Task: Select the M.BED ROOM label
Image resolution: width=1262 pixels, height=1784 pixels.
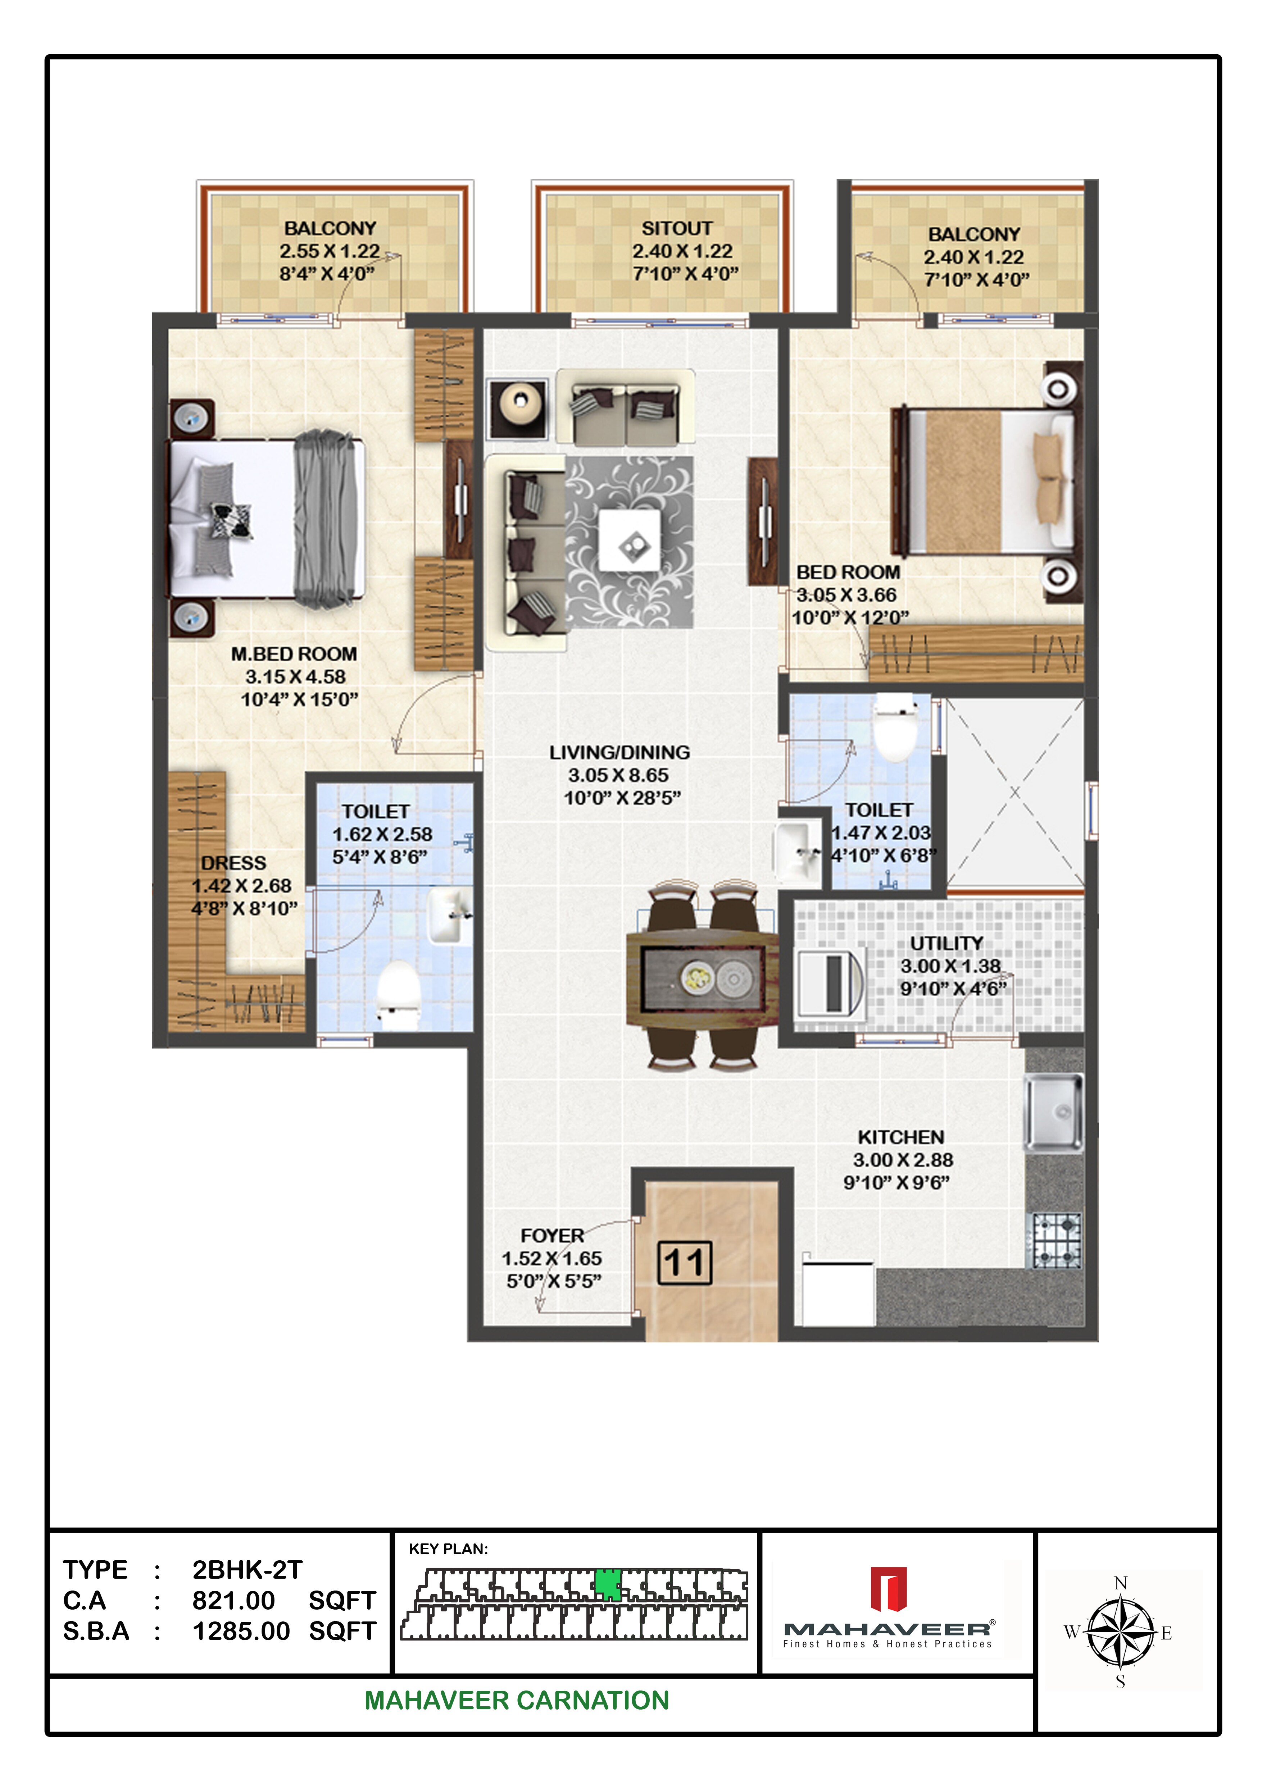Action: tap(294, 654)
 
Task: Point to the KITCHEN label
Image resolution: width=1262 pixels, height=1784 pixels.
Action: tap(901, 1137)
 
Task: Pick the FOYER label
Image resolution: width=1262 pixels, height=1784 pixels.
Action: tap(552, 1236)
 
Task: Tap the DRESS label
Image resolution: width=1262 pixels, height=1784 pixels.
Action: tap(233, 863)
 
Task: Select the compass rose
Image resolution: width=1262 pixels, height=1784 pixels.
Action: tap(1120, 1632)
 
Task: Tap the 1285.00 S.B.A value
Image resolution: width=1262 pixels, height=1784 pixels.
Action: tap(241, 1631)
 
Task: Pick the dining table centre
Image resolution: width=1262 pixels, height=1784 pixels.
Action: tap(702, 977)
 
